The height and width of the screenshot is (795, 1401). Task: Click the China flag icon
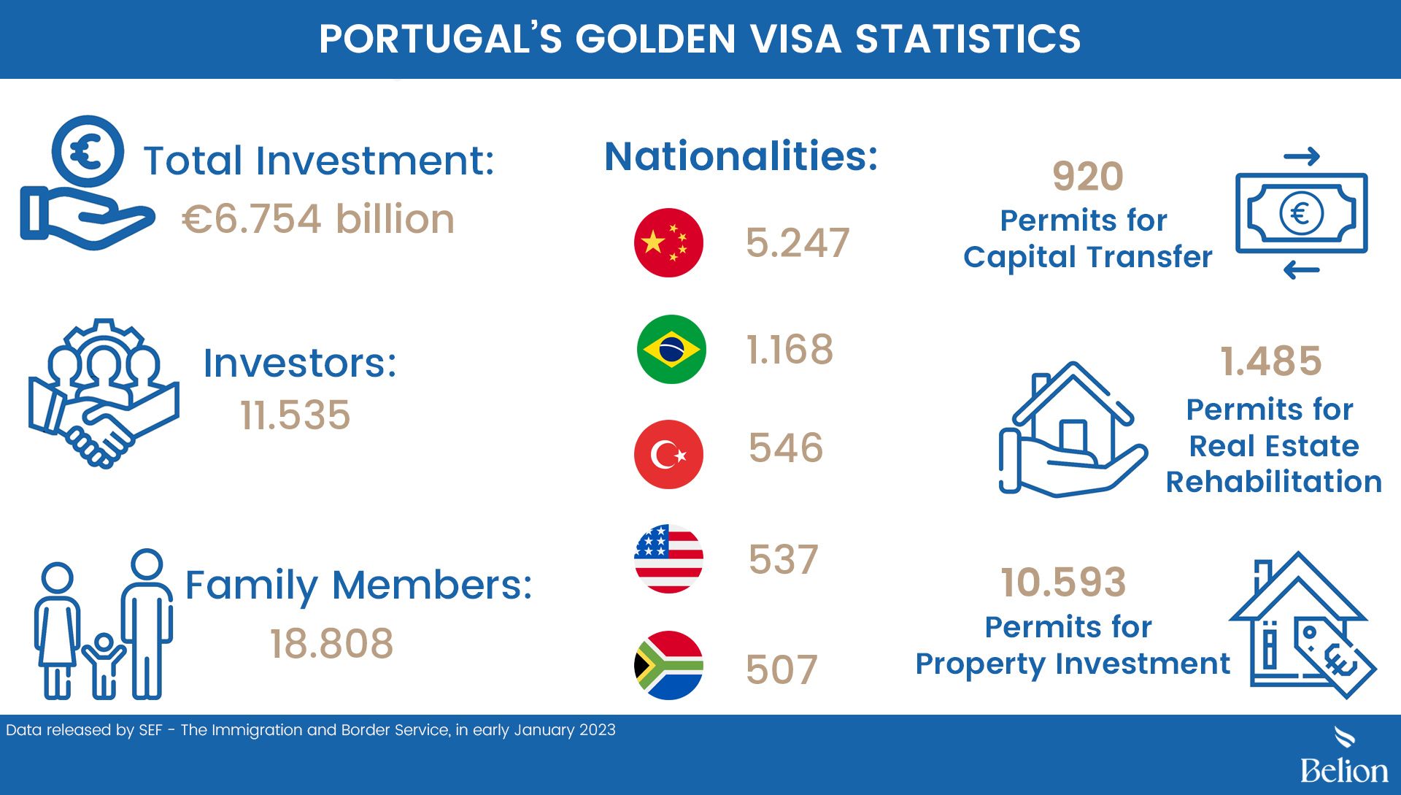[x=668, y=242]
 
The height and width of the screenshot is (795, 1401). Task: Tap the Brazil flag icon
[x=671, y=349]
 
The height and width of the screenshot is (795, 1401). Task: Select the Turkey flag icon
[x=668, y=454]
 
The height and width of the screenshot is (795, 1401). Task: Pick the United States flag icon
[x=668, y=559]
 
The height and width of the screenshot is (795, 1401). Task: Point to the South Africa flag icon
[x=668, y=665]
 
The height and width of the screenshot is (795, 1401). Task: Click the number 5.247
[x=798, y=243]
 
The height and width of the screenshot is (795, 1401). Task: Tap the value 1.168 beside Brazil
[x=790, y=350]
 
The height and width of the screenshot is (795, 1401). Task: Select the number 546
[x=786, y=448]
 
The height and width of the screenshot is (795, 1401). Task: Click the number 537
[x=784, y=560]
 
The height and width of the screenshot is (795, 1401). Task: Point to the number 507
[x=781, y=669]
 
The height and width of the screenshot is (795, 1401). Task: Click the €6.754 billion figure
[x=318, y=219]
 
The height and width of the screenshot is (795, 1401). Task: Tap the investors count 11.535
[x=296, y=415]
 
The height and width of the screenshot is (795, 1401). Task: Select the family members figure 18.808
[x=332, y=644]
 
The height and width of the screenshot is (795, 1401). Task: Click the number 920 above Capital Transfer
[x=1088, y=177]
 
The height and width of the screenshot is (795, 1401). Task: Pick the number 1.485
[x=1271, y=361]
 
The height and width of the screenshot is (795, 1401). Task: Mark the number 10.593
[x=1064, y=583]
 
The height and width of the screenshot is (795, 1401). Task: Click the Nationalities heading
[x=741, y=156]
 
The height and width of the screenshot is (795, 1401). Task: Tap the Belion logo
[x=1344, y=756]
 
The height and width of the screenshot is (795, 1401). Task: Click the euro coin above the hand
[x=88, y=152]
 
